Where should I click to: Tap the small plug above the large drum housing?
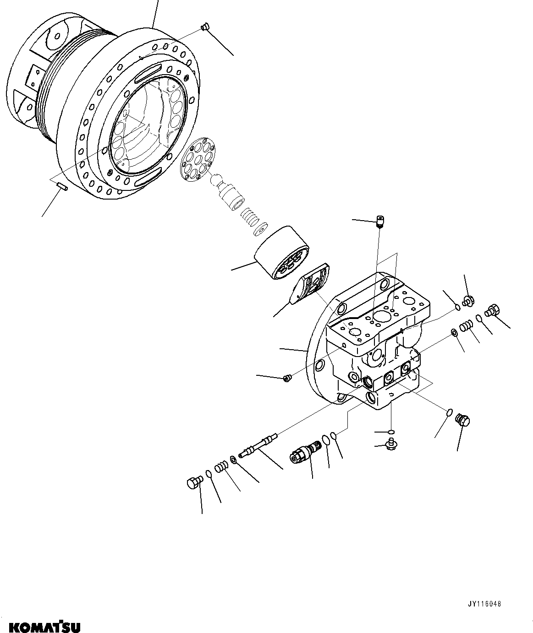click(205, 27)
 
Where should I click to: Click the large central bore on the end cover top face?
click(381, 316)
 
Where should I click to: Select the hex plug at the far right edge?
click(492, 311)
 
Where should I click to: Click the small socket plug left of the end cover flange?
click(288, 378)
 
